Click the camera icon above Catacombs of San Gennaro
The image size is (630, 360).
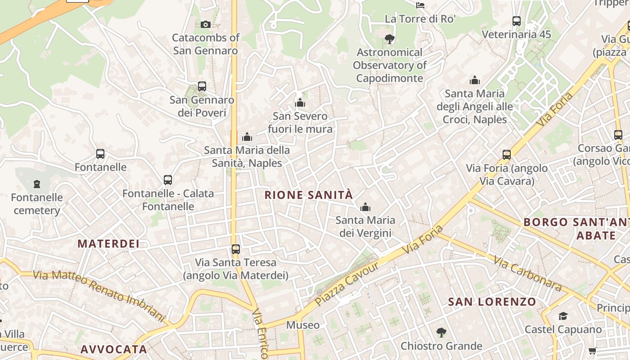click(206, 24)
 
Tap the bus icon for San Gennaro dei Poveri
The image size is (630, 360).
click(202, 86)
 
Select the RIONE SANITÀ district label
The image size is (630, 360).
click(309, 195)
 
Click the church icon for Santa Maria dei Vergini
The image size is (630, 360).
click(365, 207)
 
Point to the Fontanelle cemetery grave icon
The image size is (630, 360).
click(37, 184)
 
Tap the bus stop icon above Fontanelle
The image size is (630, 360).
click(100, 154)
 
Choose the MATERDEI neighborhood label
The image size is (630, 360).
click(108, 243)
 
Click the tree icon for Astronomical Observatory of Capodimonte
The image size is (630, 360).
click(390, 39)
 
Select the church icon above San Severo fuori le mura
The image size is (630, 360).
click(300, 103)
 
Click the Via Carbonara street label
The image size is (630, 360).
click(527, 273)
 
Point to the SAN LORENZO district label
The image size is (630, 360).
click(492, 301)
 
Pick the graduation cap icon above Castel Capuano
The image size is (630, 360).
click(563, 316)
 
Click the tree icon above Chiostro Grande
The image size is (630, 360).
click(441, 333)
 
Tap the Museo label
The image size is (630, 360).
click(303, 325)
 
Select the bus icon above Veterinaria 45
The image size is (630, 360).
click(517, 21)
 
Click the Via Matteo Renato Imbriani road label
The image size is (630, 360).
click(99, 295)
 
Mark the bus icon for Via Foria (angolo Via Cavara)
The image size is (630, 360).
click(507, 155)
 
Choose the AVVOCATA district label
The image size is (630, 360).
click(114, 349)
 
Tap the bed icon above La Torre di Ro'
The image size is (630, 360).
click(420, 5)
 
